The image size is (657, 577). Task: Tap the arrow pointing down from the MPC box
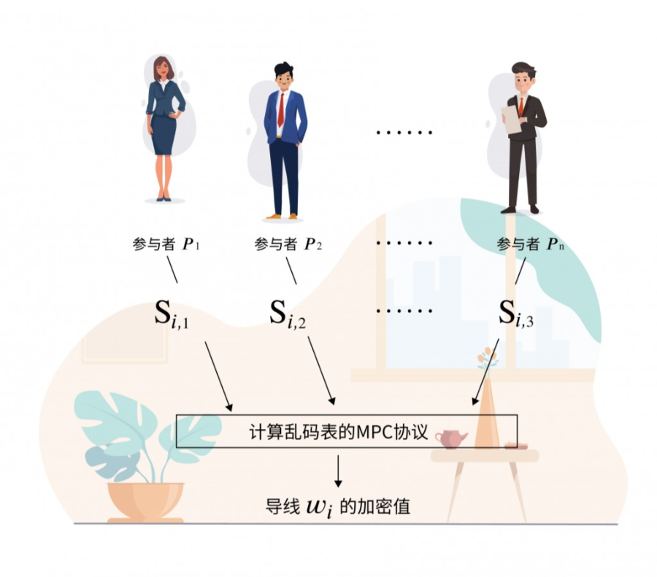pos(339,470)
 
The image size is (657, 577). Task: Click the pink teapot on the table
pos(451,438)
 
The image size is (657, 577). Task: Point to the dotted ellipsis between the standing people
pos(404,133)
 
